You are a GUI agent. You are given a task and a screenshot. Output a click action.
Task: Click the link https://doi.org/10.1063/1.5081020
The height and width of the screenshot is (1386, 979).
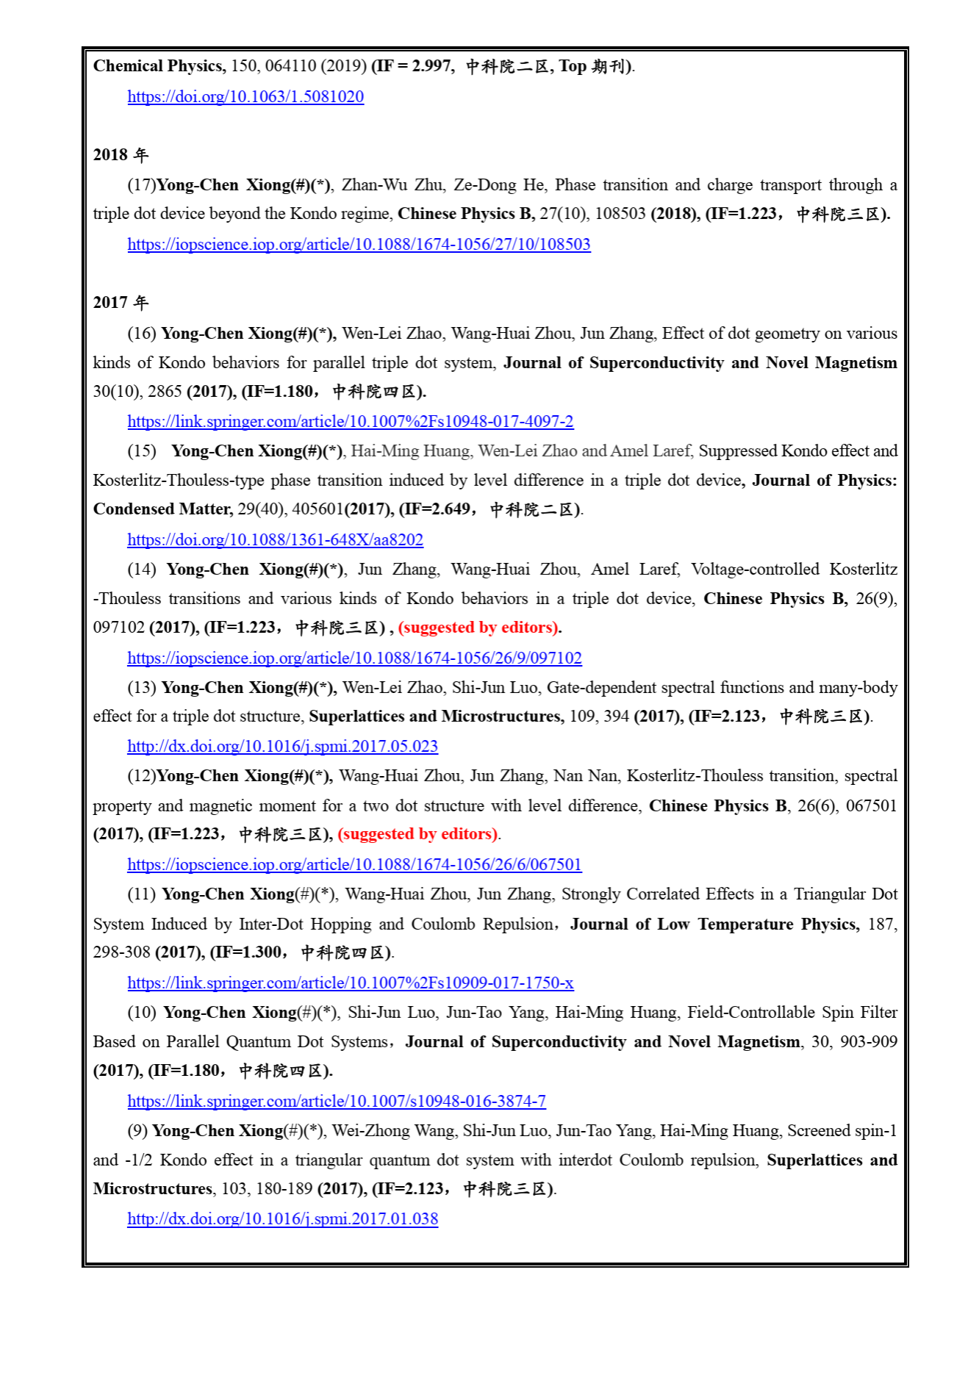[245, 97]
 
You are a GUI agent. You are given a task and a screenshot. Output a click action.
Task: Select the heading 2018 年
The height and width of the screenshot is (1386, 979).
[121, 155]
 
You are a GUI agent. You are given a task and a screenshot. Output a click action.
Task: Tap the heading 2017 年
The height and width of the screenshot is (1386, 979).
[121, 303]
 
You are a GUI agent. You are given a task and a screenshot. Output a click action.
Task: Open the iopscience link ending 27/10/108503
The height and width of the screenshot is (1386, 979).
[359, 245]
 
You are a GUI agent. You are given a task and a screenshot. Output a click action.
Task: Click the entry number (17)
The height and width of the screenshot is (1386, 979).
[141, 185]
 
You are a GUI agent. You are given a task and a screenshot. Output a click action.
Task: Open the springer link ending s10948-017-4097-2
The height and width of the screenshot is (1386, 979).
[350, 422]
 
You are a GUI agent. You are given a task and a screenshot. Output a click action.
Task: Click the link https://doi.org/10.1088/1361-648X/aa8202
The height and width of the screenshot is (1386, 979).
[275, 540]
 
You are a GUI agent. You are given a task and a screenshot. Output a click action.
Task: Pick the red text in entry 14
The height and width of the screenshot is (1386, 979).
[479, 628]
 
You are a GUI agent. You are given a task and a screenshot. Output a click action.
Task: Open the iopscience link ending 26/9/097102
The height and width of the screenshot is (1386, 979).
[354, 658]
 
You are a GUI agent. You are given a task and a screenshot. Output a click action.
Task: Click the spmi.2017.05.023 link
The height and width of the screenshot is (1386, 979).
[282, 747]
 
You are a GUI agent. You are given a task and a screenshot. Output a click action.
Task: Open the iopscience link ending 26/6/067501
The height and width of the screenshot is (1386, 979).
[354, 865]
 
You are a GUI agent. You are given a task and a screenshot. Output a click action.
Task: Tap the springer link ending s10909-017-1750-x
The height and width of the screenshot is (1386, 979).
[350, 983]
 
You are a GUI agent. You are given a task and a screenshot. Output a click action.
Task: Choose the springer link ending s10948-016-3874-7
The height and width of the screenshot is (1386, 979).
[337, 1102]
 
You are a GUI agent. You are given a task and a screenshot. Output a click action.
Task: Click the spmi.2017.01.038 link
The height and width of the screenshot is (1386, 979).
[282, 1219]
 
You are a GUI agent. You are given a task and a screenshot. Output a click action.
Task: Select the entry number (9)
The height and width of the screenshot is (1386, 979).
[137, 1131]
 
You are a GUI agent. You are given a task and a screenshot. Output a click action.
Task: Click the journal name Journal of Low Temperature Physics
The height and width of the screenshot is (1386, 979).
[714, 924]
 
